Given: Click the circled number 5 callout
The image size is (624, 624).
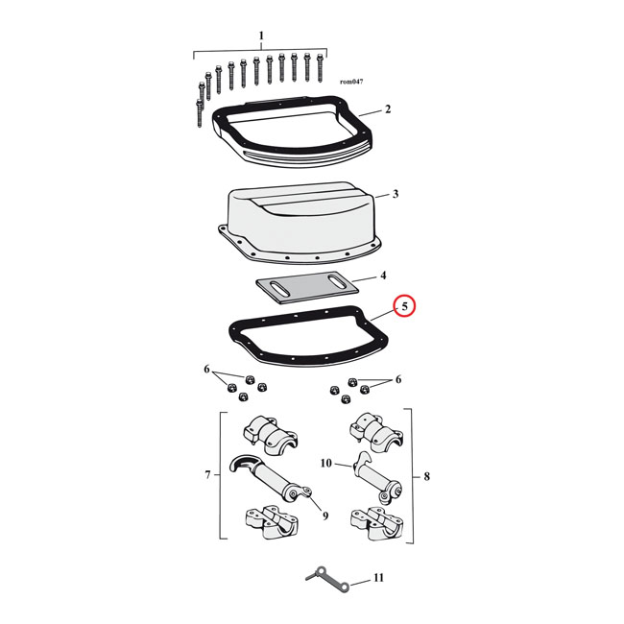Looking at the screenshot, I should (405, 307).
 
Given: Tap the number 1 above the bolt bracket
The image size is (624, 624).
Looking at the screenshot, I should (260, 36).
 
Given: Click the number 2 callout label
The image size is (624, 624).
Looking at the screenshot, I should (387, 109).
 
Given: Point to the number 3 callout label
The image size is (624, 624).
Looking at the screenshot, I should (396, 194).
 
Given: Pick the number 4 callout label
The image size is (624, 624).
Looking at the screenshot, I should (383, 276).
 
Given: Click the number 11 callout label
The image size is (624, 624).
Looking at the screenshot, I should (378, 580).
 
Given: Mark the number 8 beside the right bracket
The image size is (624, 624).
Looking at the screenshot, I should (427, 476).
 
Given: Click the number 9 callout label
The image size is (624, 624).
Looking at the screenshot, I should (325, 516).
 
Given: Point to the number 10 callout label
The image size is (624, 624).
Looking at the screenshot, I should (324, 464).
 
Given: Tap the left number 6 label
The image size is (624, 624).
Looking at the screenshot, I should (205, 370).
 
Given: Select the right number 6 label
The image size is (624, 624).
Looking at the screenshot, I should (397, 380).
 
